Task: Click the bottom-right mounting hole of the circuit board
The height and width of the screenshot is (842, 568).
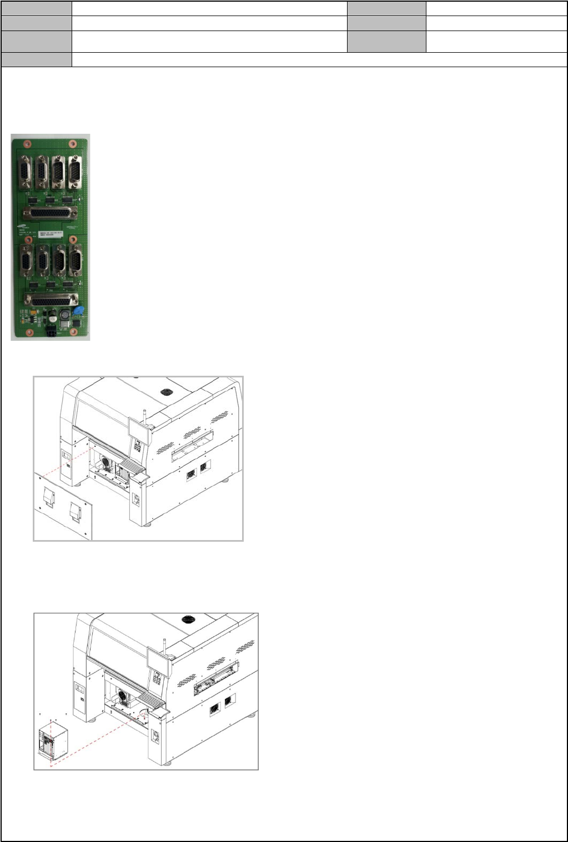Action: click(x=72, y=331)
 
